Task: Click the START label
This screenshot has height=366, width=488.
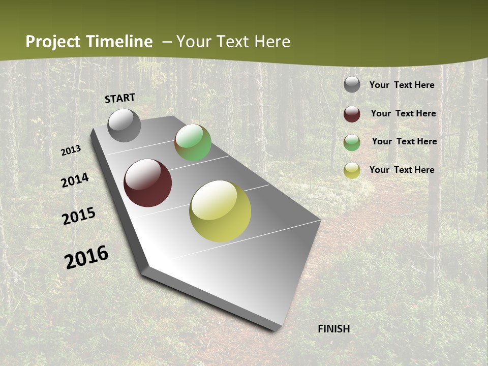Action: [x=120, y=98]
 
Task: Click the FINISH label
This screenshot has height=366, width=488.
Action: [x=334, y=329]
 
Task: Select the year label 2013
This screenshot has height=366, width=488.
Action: [x=71, y=150]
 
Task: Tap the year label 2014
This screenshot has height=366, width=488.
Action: [x=75, y=180]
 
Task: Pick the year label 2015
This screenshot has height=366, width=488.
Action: [x=79, y=216]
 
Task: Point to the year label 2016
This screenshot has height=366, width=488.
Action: [x=86, y=257]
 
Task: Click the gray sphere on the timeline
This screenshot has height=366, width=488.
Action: [x=124, y=125]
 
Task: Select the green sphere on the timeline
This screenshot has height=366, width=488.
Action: [x=193, y=142]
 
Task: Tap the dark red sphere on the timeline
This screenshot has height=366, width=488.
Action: [x=147, y=183]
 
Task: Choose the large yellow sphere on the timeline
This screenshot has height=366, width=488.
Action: [x=220, y=211]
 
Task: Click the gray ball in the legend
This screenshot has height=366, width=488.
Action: [x=352, y=84]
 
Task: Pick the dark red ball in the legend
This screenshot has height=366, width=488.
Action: [x=352, y=114]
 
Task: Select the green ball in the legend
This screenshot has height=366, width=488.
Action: [x=352, y=142]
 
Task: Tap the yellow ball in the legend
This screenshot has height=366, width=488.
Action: [x=352, y=170]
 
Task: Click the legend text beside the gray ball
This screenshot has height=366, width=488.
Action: [x=402, y=85]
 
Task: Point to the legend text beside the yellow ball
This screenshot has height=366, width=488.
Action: [x=402, y=170]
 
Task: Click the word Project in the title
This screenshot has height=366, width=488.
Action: [x=53, y=42]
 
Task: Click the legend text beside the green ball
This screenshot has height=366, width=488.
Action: [x=404, y=141]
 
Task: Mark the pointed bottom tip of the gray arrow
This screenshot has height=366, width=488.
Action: [x=274, y=330]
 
